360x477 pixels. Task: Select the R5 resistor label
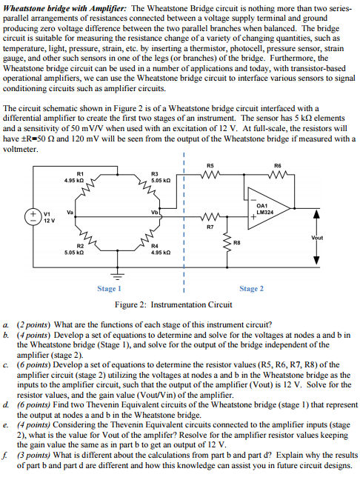[x=210, y=166]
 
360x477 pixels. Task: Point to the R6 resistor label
[x=278, y=166]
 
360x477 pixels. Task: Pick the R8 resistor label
[x=236, y=241]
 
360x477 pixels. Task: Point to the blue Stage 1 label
[x=109, y=289]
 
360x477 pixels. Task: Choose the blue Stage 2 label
[x=251, y=289]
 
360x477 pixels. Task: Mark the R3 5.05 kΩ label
[x=161, y=176]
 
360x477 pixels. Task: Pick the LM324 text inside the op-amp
[x=264, y=213]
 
